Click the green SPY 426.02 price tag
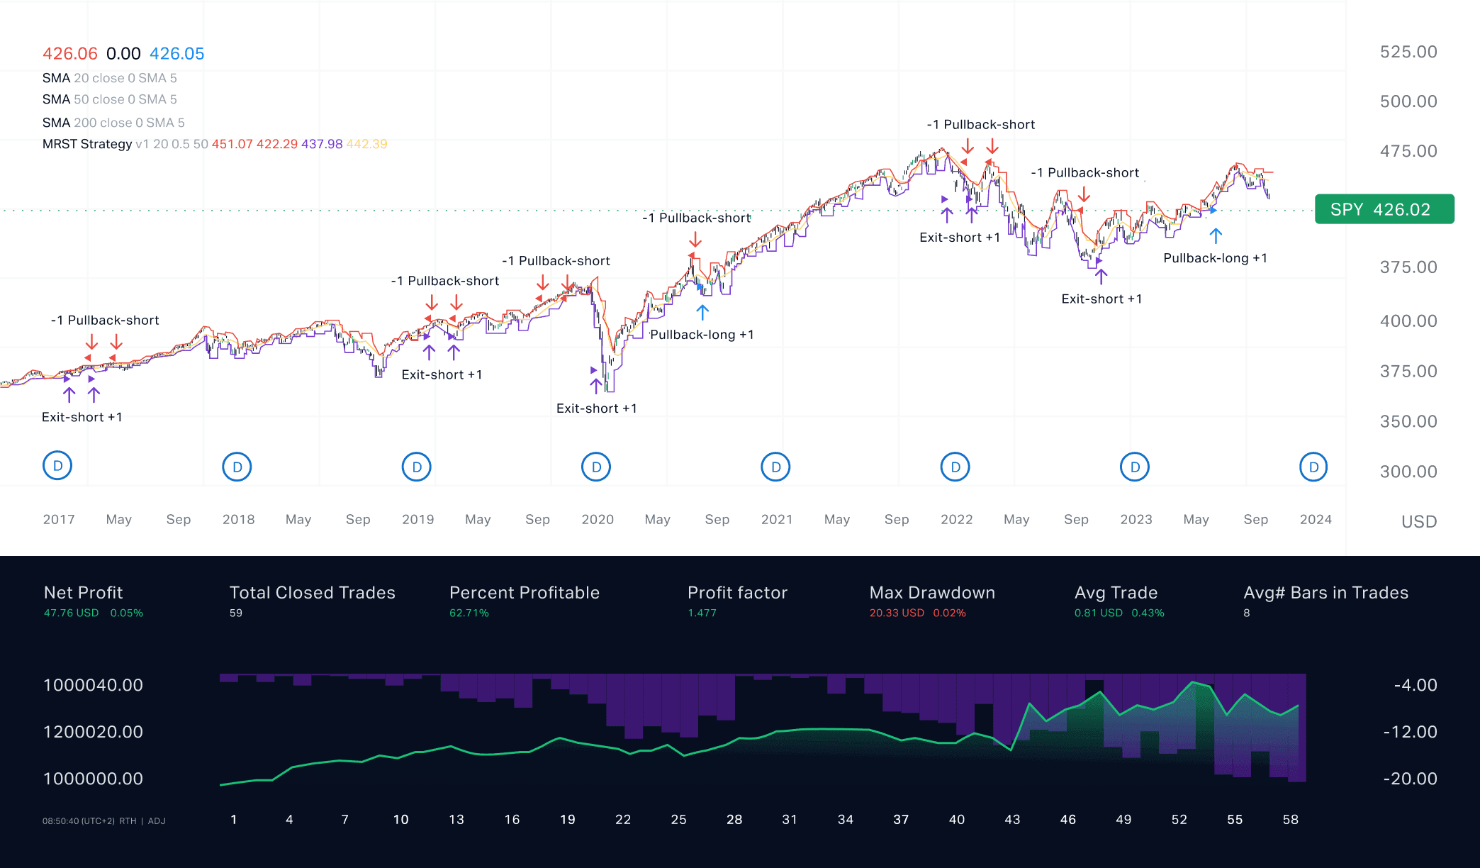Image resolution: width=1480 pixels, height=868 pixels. coord(1384,209)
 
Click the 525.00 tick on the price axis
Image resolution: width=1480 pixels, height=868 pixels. coord(1408,52)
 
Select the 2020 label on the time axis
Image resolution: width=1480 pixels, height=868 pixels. coord(597,519)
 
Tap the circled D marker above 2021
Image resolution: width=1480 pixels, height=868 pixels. coord(775,467)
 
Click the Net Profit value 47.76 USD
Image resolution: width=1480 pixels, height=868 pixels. coord(71,613)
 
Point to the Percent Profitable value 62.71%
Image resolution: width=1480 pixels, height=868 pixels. coord(469,613)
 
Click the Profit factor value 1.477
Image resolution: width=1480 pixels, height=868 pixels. coord(702,613)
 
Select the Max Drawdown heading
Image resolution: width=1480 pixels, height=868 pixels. coord(931,592)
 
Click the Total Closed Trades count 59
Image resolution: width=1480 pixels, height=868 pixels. coord(235,613)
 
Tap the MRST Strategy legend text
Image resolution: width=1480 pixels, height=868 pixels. coord(87,144)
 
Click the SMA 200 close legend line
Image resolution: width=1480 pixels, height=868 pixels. coord(113,123)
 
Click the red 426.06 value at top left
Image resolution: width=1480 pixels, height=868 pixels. coord(69,54)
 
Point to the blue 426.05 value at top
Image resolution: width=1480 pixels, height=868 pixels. coord(176,54)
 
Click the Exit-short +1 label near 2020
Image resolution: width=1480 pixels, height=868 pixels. coord(596,408)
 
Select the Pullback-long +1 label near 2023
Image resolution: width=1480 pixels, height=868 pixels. coord(1214,258)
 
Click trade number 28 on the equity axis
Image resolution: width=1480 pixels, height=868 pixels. coord(734,819)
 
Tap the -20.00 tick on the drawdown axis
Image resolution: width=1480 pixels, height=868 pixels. coord(1409,778)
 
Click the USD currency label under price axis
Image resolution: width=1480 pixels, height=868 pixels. coord(1418,522)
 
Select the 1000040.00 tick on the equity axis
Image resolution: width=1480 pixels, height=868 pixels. coord(93,685)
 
